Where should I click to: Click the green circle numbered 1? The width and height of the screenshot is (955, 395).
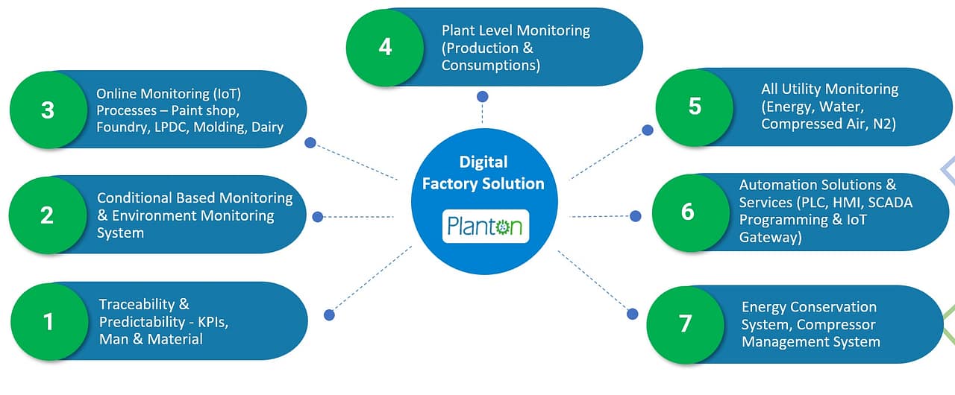[48, 321]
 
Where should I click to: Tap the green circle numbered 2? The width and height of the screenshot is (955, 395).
[46, 215]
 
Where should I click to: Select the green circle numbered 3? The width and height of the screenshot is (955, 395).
[48, 110]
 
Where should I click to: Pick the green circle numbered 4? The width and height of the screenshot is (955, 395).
[385, 47]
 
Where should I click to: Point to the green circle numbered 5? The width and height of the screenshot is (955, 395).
[695, 106]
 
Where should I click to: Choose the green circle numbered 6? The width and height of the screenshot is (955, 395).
[688, 212]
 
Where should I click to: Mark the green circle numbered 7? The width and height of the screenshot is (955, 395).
[685, 323]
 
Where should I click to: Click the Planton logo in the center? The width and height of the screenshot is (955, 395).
[486, 226]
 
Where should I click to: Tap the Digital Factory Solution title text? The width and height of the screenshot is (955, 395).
[483, 173]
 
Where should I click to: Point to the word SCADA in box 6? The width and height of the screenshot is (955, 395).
[890, 202]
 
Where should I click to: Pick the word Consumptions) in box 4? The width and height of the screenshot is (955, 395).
[490, 66]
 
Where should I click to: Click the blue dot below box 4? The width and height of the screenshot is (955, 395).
[483, 97]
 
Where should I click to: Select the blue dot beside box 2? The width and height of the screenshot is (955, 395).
[318, 217]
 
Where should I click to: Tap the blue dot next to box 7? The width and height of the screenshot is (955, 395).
[633, 313]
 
